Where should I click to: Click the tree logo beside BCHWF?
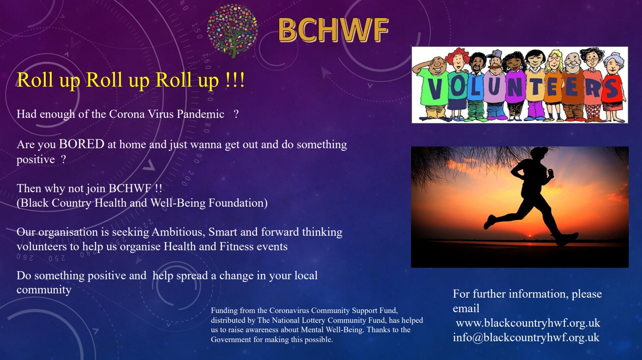click(x=233, y=31)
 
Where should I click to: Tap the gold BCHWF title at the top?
click(x=333, y=30)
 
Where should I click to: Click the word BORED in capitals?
click(x=82, y=144)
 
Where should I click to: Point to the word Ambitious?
click(x=178, y=232)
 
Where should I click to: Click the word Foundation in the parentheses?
click(x=238, y=203)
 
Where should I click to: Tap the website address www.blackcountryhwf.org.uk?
click(x=528, y=323)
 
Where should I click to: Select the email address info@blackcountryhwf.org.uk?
click(x=526, y=337)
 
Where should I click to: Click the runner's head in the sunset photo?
click(x=539, y=155)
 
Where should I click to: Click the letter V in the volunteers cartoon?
click(x=435, y=89)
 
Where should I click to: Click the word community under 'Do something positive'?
click(x=44, y=290)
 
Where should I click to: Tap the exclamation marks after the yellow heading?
click(x=235, y=80)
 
